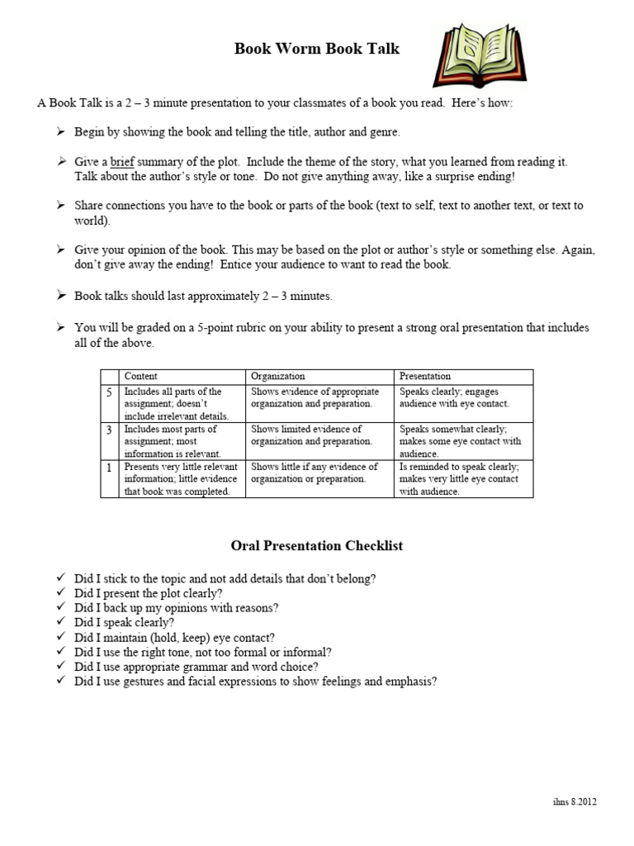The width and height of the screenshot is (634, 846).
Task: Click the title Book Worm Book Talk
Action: pyautogui.click(x=317, y=49)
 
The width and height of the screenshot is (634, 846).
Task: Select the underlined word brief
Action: pyautogui.click(x=122, y=162)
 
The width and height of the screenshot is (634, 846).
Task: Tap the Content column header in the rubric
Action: pyautogui.click(x=140, y=376)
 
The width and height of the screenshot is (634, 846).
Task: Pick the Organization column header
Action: pyautogui.click(x=277, y=376)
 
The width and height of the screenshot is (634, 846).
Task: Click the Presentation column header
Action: pyautogui.click(x=425, y=376)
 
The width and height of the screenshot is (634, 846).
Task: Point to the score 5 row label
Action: pyautogui.click(x=110, y=392)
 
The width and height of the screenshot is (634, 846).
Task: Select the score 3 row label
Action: pyautogui.click(x=110, y=430)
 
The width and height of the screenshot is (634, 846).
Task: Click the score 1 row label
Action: pyautogui.click(x=110, y=467)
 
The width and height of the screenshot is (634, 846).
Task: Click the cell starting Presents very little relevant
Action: pyautogui.click(x=182, y=479)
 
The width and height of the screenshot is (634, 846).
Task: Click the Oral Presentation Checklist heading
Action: pyautogui.click(x=317, y=546)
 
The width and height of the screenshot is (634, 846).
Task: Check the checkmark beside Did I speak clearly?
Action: pyautogui.click(x=61, y=622)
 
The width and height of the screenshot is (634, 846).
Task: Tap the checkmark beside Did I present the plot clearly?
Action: pyautogui.click(x=61, y=593)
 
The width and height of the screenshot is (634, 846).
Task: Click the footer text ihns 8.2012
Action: pyautogui.click(x=576, y=801)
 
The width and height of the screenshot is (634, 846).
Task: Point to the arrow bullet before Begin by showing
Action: pyautogui.click(x=61, y=132)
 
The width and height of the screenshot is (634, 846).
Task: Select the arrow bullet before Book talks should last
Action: pyautogui.click(x=61, y=296)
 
